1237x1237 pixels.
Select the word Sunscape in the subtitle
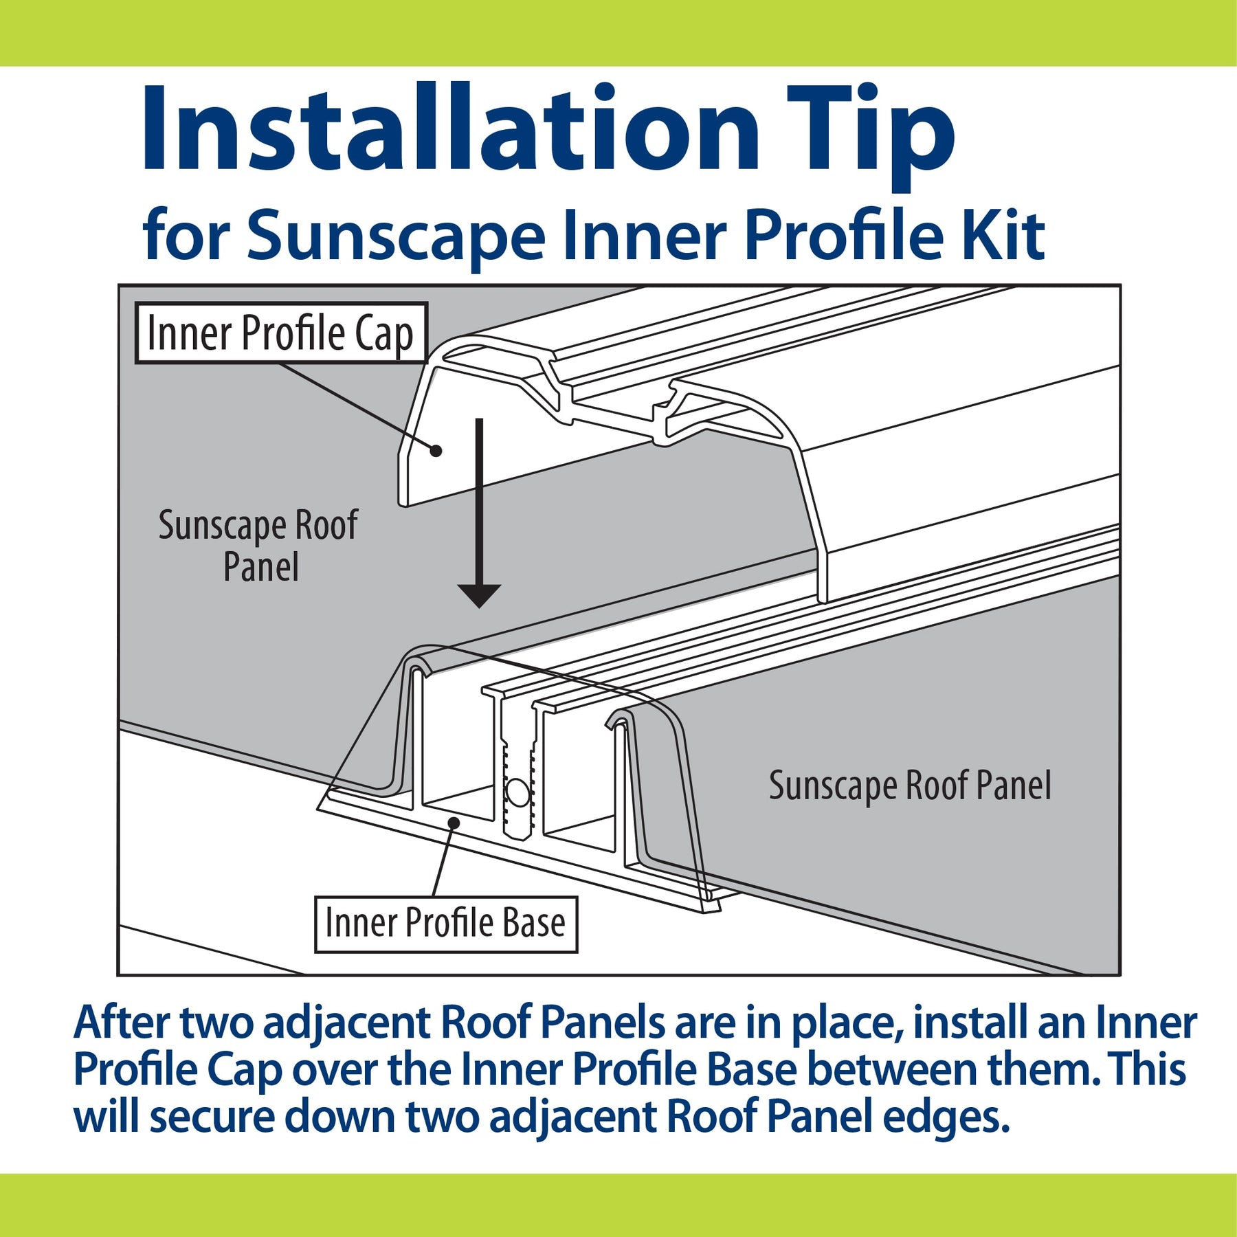396,236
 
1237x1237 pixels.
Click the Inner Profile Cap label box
281,333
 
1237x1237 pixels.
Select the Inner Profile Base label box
446,924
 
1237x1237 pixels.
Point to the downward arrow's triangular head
479,596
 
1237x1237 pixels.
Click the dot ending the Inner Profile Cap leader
435,451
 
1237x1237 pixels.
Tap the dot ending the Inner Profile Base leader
454,822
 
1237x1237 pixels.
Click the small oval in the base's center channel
517,794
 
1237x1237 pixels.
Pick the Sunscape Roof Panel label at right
910,785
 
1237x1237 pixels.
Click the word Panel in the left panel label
261,568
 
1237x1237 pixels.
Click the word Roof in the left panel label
326,525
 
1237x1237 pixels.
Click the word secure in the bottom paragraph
212,1117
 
